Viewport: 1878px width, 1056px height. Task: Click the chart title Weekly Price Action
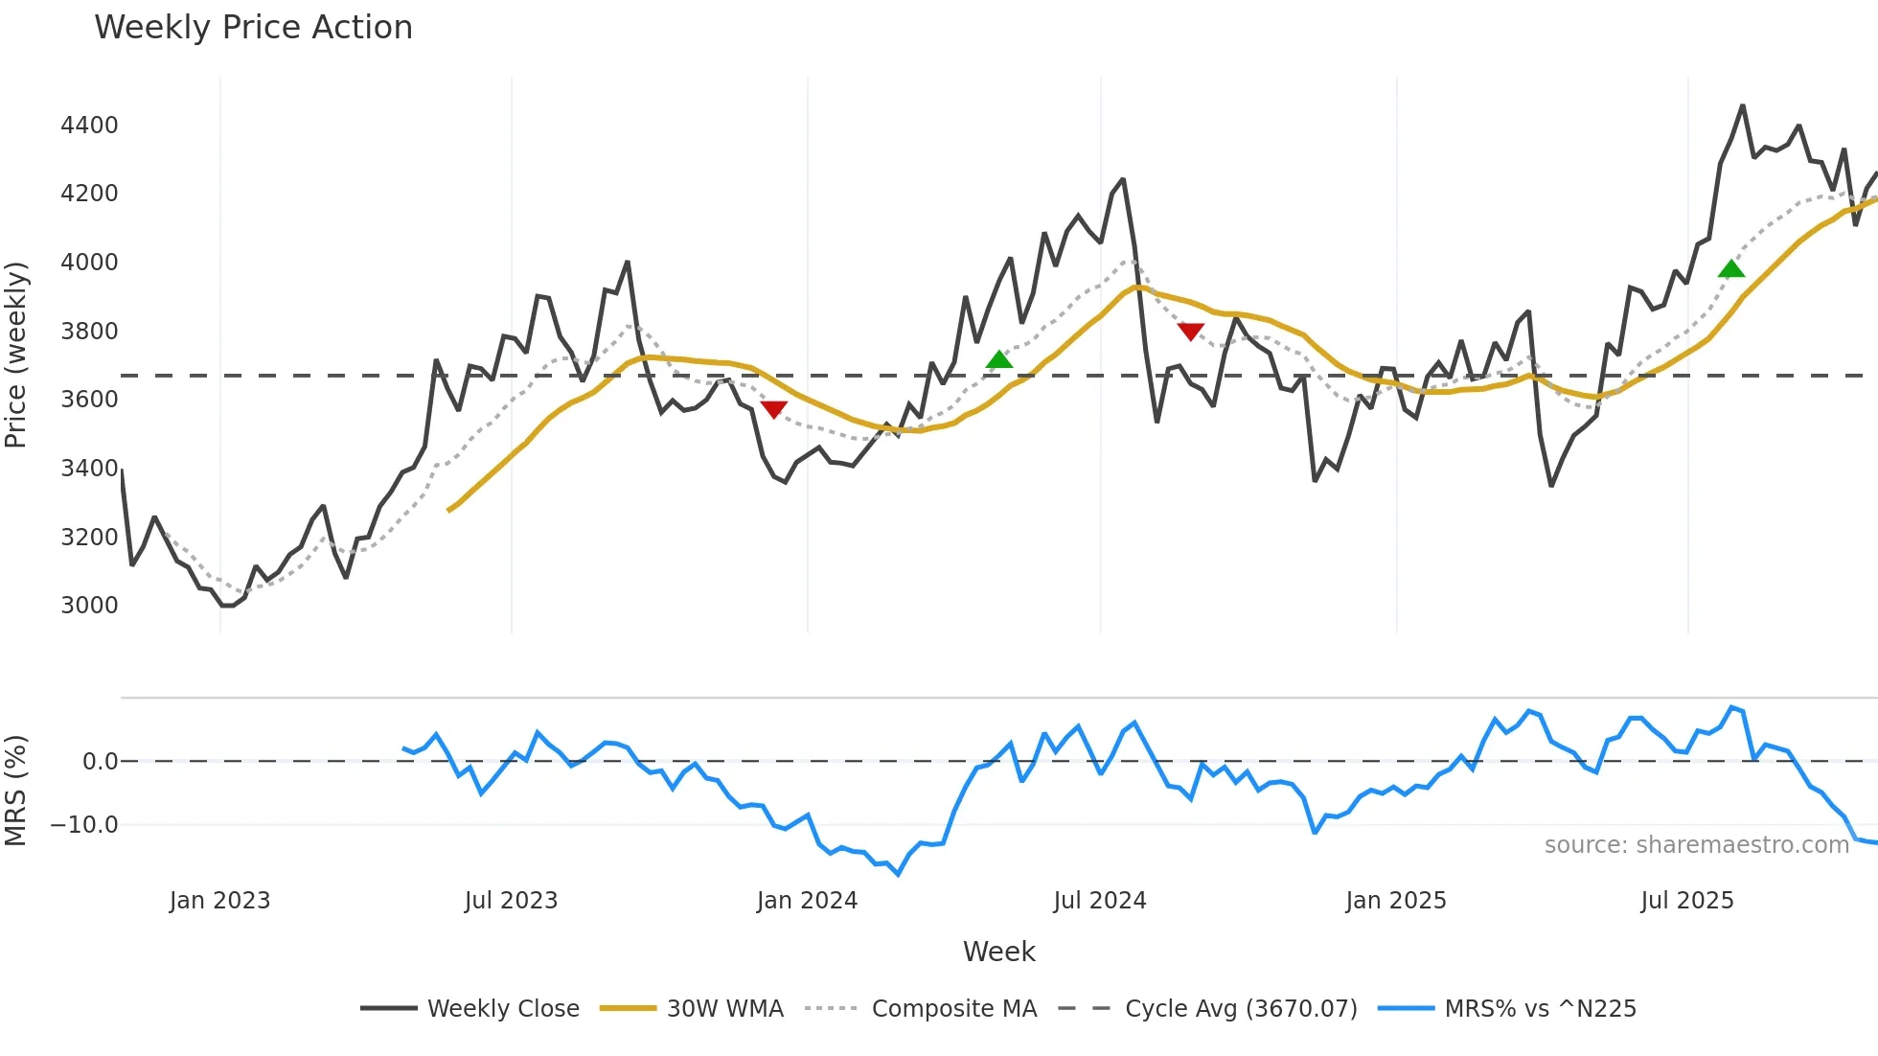[253, 28]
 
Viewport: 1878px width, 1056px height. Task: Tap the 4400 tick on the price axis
[89, 126]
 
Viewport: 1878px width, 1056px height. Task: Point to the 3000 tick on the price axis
[89, 606]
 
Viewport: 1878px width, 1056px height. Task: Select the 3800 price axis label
[89, 332]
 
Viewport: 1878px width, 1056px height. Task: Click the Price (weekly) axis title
[16, 355]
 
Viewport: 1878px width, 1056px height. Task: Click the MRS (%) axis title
[16, 791]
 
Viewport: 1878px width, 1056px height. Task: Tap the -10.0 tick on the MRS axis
[84, 825]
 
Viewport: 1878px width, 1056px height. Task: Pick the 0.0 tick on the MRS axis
[100, 762]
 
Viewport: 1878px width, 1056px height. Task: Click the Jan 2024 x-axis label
[807, 901]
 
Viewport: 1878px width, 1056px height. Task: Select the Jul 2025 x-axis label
[1687, 901]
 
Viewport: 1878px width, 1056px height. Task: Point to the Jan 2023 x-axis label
[219, 901]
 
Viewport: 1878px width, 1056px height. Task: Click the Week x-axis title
[998, 952]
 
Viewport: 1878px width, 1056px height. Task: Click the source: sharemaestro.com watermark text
[1696, 845]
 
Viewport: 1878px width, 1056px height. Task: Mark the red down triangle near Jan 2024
[773, 409]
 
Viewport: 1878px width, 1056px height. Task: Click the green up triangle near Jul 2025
[1731, 269]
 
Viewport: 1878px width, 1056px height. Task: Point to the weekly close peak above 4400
[1742, 106]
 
